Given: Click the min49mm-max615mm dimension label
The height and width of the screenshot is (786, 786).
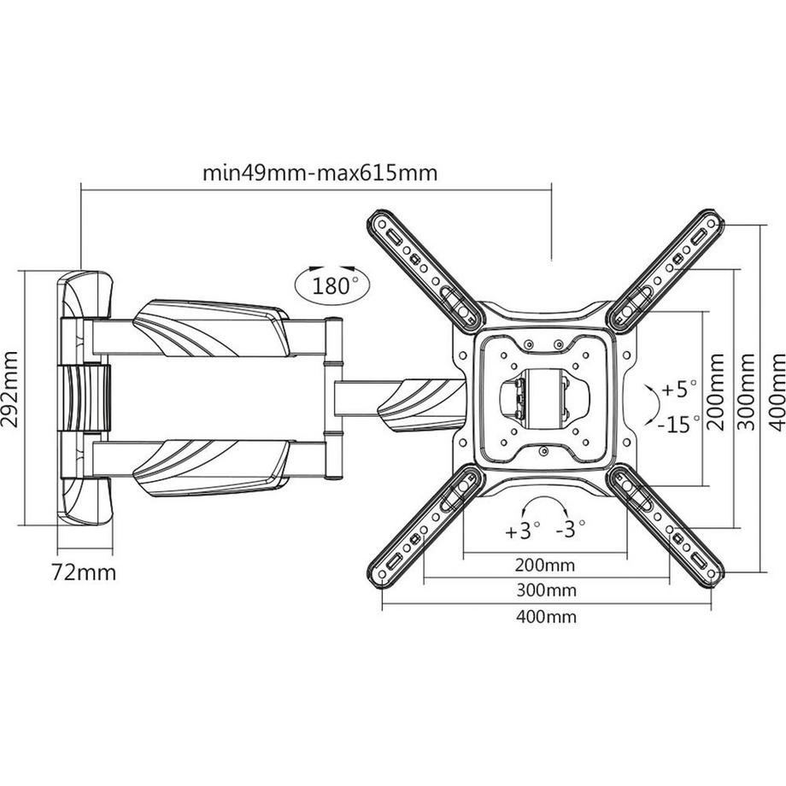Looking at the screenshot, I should [320, 173].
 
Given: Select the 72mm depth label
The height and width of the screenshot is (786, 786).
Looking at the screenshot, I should [83, 572].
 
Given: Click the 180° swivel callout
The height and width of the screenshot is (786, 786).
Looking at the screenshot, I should [331, 285].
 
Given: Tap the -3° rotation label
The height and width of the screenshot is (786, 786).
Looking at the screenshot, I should [569, 531].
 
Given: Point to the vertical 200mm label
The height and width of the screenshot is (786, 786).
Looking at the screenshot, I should [718, 396].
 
